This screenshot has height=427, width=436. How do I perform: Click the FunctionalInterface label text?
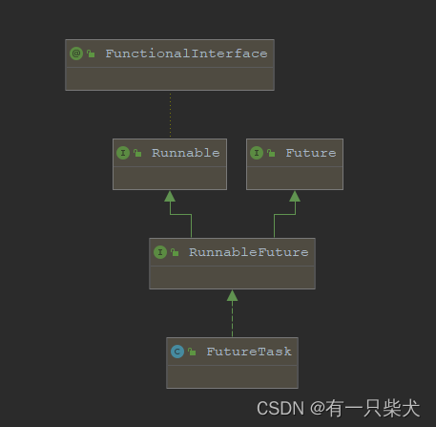[x=186, y=53]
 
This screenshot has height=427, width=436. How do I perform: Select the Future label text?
[x=311, y=153]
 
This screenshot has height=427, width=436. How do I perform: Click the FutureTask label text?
[x=249, y=352]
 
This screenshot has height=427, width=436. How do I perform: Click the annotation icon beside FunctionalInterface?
[x=76, y=53]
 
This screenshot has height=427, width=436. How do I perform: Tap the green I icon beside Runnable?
[x=123, y=153]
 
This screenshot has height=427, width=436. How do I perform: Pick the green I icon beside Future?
[x=257, y=153]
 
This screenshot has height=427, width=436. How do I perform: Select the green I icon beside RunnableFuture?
[x=159, y=252]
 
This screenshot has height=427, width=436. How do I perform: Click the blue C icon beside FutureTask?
[x=176, y=352]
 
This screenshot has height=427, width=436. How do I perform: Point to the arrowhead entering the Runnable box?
[x=170, y=196]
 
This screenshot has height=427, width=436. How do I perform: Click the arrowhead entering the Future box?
[x=295, y=196]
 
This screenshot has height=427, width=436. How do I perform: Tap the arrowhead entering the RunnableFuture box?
[x=232, y=295]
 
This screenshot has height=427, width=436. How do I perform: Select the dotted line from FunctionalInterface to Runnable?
[x=170, y=115]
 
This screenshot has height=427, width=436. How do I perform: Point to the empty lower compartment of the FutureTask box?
[x=231, y=375]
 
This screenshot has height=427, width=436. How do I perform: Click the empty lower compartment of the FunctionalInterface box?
[x=170, y=77]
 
